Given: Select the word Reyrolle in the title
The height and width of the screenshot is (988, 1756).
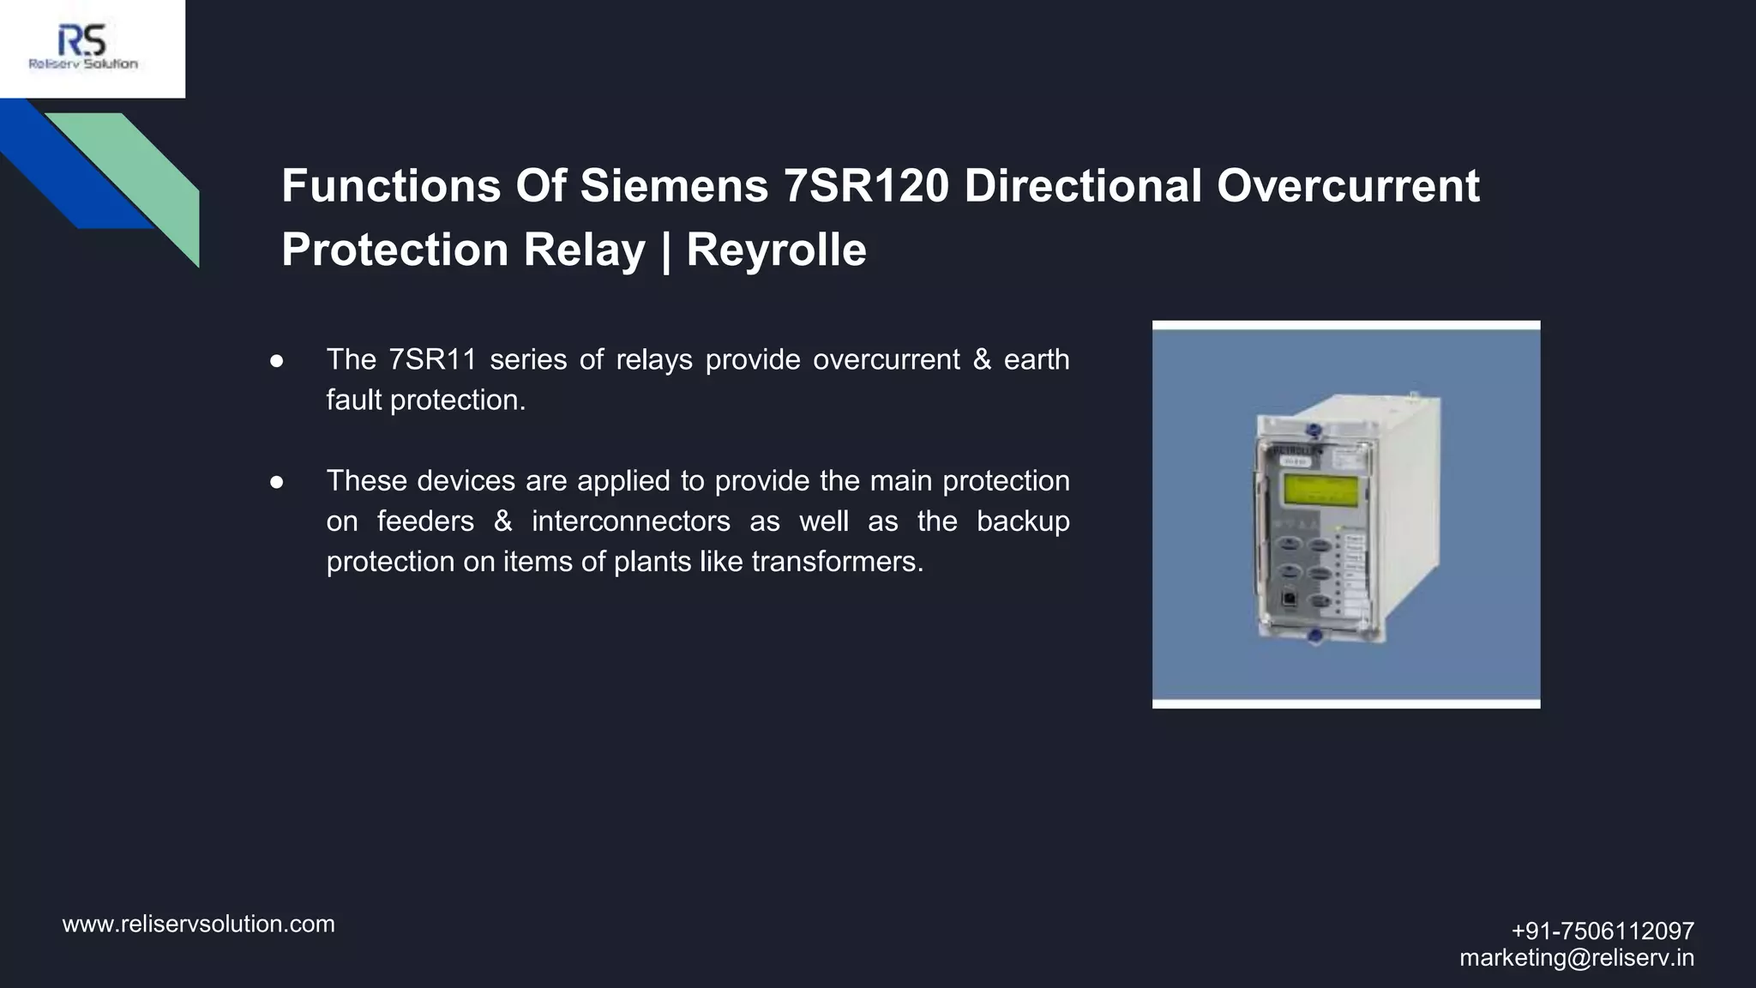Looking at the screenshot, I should [x=776, y=250].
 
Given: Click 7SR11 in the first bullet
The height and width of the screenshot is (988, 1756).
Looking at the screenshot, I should [x=432, y=359].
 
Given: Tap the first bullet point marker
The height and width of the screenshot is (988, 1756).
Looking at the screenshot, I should [x=276, y=361].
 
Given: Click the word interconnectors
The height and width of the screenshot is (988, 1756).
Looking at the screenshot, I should [x=630, y=521].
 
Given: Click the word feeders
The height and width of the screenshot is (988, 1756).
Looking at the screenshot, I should [x=425, y=521].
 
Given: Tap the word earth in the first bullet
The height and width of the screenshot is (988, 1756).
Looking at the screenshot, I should [x=1036, y=359].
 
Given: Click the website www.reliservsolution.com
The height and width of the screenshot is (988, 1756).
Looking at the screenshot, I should [x=199, y=924].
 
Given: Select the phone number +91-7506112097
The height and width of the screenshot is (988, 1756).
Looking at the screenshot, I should [x=1602, y=931].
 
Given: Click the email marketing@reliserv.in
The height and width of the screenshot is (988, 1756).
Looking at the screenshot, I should [x=1577, y=957].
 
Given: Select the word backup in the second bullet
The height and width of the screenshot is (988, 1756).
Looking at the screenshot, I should [x=1022, y=521].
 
